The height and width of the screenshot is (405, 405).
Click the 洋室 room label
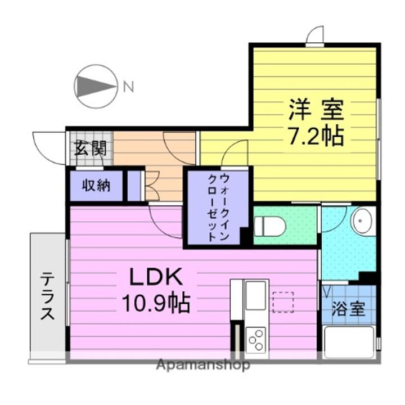coord(316,109)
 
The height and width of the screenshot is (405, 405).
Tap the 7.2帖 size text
coord(316,136)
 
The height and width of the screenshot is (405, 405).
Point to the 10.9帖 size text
coord(156,304)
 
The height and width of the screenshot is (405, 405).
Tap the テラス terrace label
coord(48,296)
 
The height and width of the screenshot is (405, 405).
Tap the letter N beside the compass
coord(128,87)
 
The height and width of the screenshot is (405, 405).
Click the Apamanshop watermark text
coord(204,365)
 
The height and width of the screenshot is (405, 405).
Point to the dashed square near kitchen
coord(283,301)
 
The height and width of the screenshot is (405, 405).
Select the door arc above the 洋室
coord(316,35)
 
